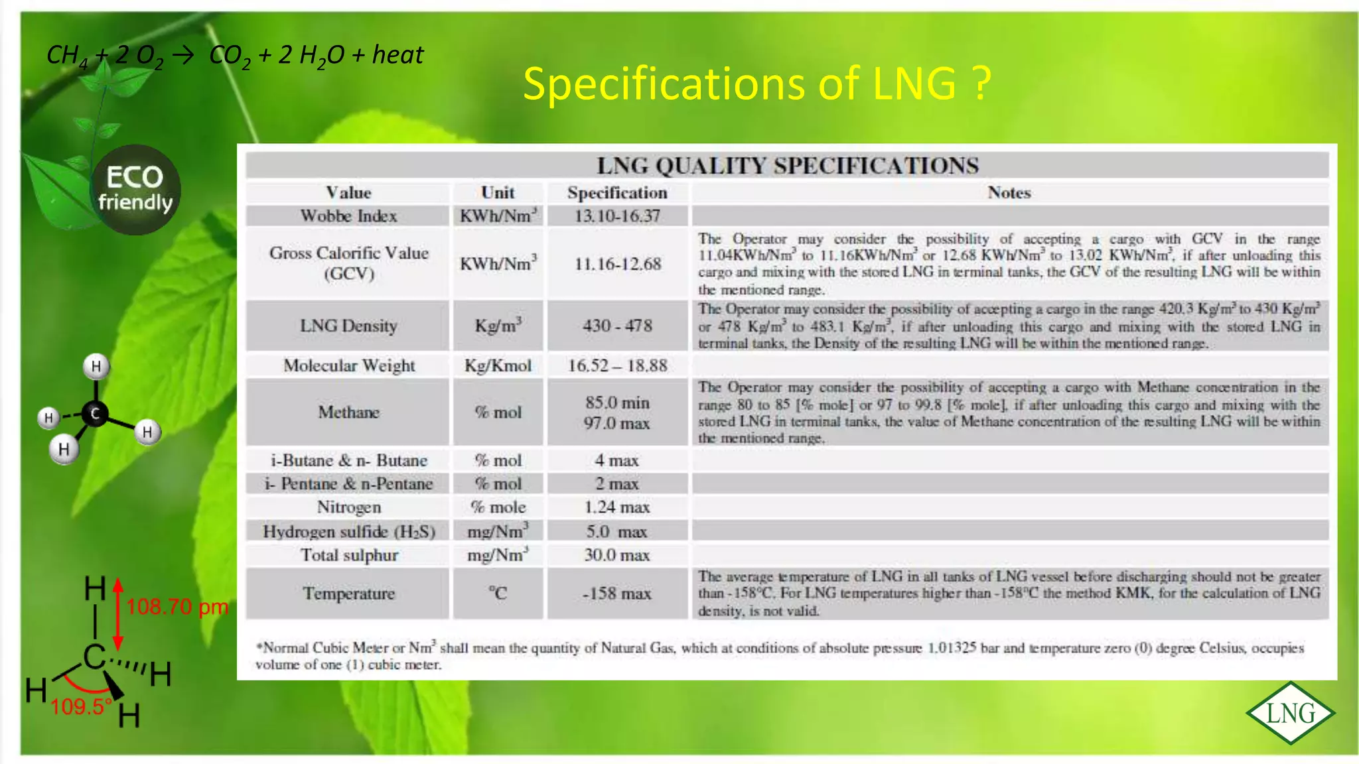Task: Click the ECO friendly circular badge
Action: [135, 190]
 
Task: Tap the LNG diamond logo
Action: [1290, 713]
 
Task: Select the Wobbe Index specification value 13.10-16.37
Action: [617, 216]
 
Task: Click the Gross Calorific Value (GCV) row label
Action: [349, 263]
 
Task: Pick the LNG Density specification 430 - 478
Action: [617, 326]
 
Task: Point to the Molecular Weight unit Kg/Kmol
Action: [498, 366]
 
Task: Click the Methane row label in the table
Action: [349, 413]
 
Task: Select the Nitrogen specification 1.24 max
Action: [617, 507]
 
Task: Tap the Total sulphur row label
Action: [349, 555]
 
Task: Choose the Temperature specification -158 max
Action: [617, 594]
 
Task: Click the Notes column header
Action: [1009, 193]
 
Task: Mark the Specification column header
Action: [617, 193]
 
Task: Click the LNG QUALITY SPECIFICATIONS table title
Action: [788, 165]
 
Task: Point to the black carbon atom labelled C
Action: [96, 414]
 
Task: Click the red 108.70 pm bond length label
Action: [177, 606]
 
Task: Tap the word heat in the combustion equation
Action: [397, 54]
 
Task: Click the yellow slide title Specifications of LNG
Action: [756, 84]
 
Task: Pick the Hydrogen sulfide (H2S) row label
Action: [349, 532]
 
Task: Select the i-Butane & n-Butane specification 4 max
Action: [617, 460]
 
